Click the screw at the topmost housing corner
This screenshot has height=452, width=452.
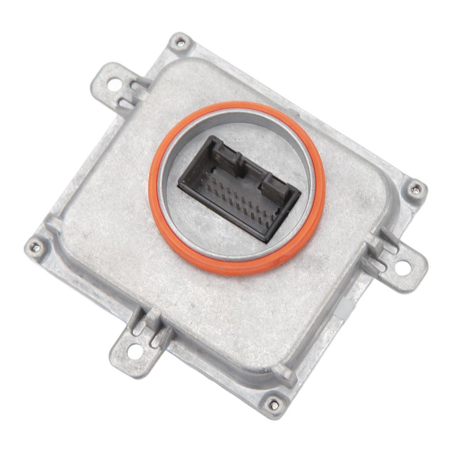[x=181, y=43]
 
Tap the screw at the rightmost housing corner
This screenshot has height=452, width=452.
[x=416, y=190]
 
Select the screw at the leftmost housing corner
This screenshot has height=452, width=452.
[x=35, y=248]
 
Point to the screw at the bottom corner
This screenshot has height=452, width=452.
[x=274, y=403]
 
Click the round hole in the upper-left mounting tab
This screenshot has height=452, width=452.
[x=113, y=84]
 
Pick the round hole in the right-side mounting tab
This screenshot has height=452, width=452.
[x=402, y=267]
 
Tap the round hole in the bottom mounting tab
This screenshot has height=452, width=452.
[x=136, y=351]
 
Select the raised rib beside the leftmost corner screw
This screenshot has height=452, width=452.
[x=53, y=225]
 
